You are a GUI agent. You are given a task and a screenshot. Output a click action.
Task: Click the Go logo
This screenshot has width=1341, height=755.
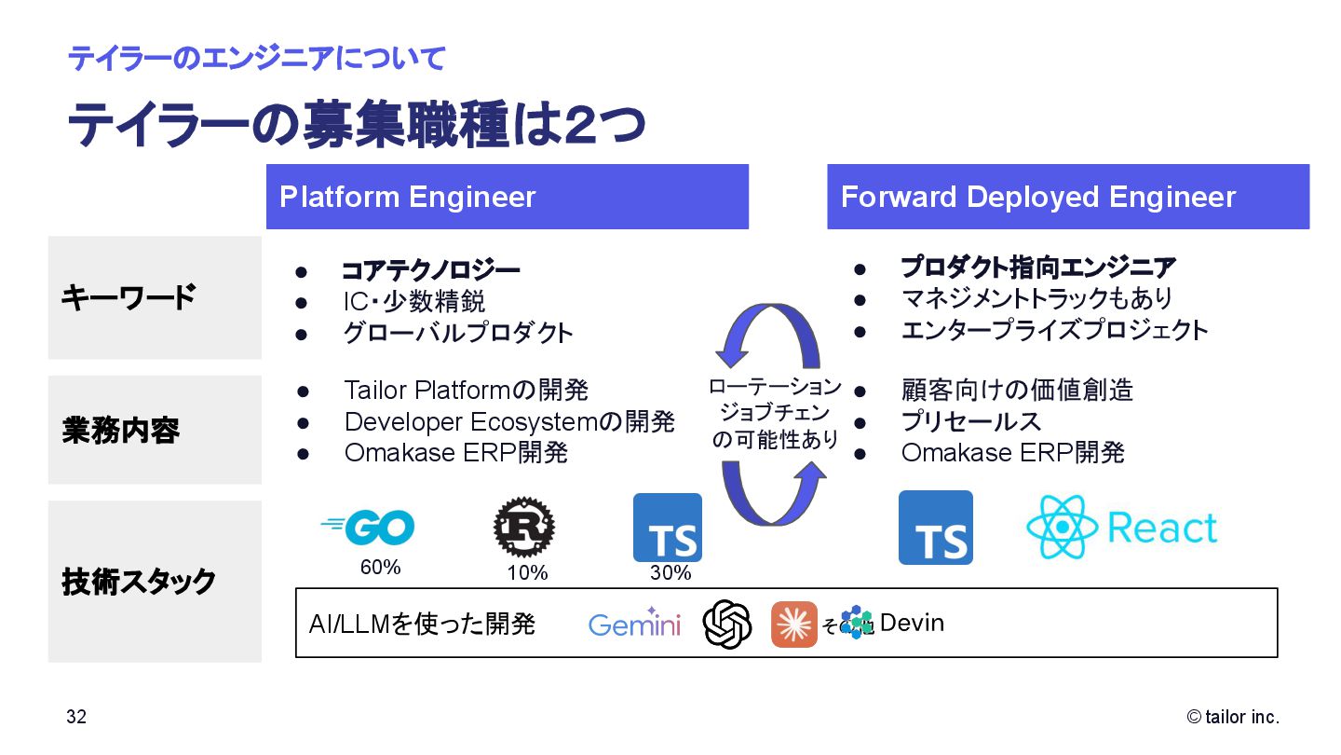click(x=369, y=528)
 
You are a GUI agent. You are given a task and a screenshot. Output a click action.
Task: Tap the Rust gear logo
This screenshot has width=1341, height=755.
click(x=523, y=527)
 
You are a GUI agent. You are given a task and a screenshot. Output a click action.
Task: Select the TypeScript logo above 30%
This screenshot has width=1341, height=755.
click(x=668, y=528)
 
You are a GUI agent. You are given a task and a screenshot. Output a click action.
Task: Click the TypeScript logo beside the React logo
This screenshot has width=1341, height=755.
click(x=935, y=528)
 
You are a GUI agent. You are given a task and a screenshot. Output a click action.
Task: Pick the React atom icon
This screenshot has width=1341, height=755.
click(x=1062, y=528)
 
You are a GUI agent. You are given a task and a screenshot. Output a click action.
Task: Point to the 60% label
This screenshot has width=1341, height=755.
click(x=380, y=567)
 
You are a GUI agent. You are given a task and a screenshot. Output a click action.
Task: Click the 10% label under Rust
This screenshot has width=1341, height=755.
click(x=527, y=573)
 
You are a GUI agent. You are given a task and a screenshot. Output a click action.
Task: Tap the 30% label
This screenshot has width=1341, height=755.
click(x=670, y=573)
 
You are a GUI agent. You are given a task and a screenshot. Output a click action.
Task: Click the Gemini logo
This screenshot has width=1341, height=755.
click(x=634, y=624)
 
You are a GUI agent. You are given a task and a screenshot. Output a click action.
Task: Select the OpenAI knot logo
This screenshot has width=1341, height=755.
click(x=727, y=624)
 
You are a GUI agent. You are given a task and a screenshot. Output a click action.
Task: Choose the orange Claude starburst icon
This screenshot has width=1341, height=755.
click(x=793, y=625)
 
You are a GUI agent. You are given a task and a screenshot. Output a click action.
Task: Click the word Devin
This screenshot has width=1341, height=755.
click(x=912, y=623)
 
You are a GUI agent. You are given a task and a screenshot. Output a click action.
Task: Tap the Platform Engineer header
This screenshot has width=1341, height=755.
click(x=507, y=197)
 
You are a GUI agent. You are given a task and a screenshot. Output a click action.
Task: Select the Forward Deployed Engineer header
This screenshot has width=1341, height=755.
click(x=1067, y=197)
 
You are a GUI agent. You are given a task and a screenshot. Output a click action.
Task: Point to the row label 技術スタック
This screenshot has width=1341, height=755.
click(x=139, y=582)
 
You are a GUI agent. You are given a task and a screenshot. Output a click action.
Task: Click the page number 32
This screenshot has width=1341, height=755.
click(x=76, y=717)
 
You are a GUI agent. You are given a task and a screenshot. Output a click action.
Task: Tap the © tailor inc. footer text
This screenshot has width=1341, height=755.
click(x=1233, y=717)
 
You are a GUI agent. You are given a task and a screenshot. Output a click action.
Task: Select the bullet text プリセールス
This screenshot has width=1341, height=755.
click(x=970, y=421)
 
